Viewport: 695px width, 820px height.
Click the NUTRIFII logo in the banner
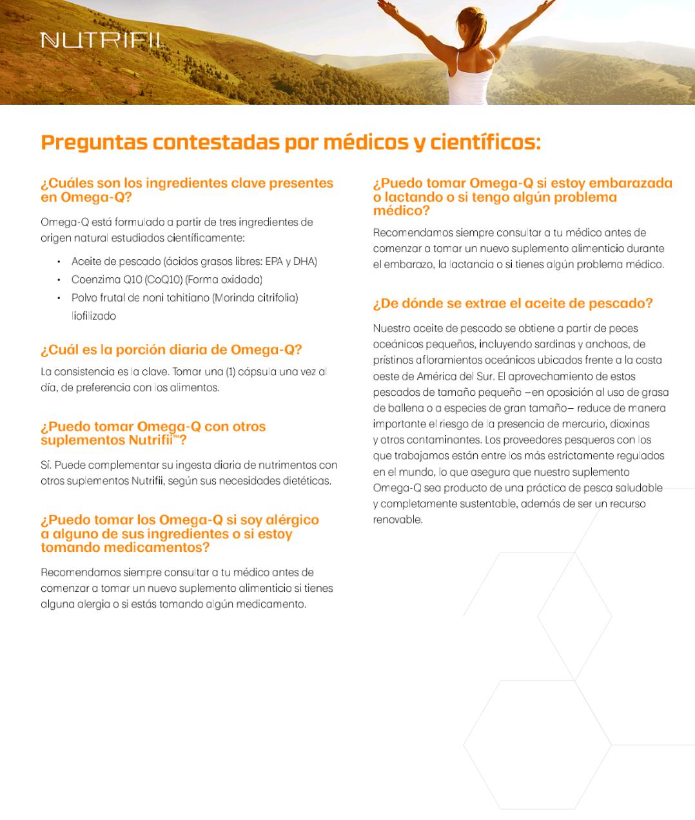pos(102,41)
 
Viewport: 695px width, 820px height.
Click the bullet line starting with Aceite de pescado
pos(194,262)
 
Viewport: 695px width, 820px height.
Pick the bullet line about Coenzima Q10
pos(166,280)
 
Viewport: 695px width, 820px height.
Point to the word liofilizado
pos(94,316)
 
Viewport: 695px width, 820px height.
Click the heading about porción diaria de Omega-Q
pos(171,350)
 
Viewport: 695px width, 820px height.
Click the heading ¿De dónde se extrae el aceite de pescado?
pos(513,304)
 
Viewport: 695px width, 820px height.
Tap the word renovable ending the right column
pos(397,520)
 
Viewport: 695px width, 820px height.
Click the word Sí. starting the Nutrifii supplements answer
pos(46,465)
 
